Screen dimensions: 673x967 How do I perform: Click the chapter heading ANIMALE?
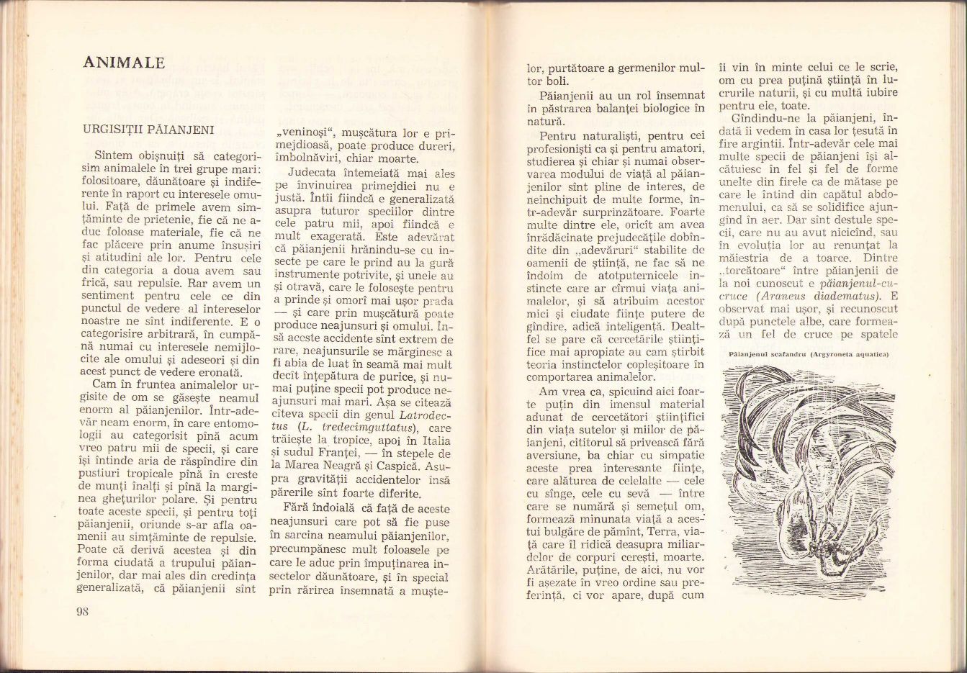click(124, 63)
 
